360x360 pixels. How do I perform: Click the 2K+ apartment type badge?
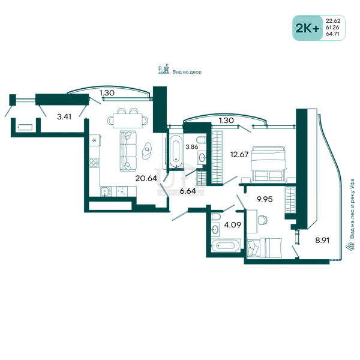[307, 28]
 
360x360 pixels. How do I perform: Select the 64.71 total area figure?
[332, 34]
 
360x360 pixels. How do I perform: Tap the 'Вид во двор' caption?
[187, 72]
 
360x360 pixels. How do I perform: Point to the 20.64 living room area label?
[146, 178]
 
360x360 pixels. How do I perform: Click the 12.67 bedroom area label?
[239, 154]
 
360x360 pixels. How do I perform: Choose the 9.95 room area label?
[265, 199]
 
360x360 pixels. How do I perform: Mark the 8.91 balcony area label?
[322, 241]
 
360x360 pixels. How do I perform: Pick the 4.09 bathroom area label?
[233, 225]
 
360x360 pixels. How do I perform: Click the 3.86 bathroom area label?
[192, 147]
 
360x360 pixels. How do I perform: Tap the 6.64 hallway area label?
[188, 191]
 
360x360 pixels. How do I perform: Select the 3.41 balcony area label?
[64, 116]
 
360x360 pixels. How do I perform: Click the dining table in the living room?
[127, 121]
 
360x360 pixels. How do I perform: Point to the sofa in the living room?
[128, 151]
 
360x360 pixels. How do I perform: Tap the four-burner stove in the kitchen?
[94, 163]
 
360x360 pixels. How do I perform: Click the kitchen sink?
[106, 191]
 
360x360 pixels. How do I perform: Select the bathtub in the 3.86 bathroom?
[176, 151]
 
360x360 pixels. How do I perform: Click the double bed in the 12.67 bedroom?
[269, 164]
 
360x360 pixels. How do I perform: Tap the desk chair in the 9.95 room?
[263, 220]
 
